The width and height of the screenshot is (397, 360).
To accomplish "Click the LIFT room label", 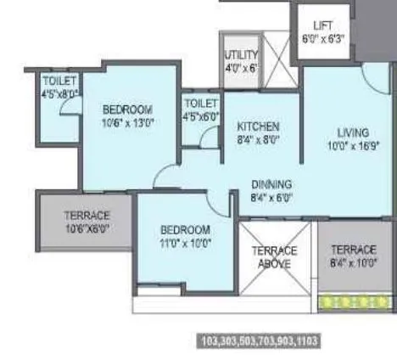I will (x=323, y=25).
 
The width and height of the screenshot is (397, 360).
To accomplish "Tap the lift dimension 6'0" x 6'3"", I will (x=323, y=38).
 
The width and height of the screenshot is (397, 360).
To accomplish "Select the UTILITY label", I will (x=240, y=52).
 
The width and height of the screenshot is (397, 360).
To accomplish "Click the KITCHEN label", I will (x=258, y=126).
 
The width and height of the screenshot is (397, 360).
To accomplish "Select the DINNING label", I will (x=271, y=183).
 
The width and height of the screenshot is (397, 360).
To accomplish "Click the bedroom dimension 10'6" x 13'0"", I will (x=127, y=122).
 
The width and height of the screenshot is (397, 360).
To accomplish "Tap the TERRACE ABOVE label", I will (x=275, y=257).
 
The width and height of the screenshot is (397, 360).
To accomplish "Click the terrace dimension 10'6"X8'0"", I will (x=87, y=228).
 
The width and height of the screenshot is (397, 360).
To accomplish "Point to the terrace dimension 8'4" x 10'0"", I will (x=353, y=262).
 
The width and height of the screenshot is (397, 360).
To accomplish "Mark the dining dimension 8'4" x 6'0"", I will (x=271, y=197).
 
